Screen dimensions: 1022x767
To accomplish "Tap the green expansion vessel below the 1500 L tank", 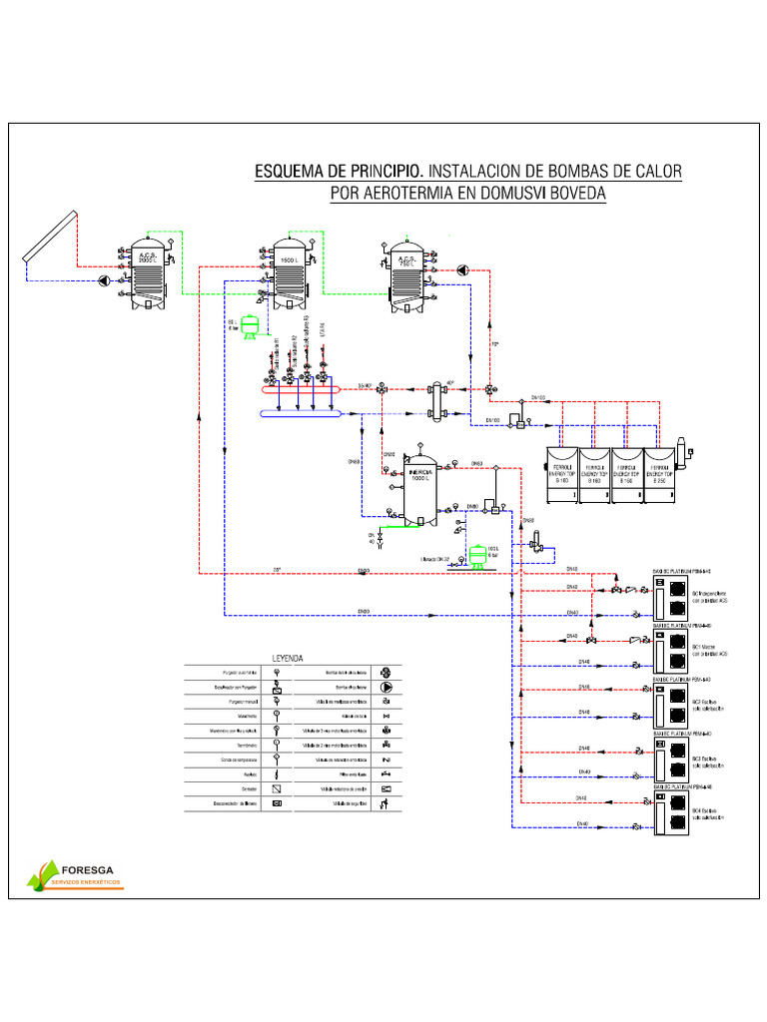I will pyautogui.click(x=250, y=325).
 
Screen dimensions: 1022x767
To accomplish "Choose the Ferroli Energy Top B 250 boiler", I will pyautogui.click(x=657, y=469).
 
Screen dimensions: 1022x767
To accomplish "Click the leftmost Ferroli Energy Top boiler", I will pyautogui.click(x=562, y=469).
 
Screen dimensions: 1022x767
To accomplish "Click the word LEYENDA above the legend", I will pyautogui.click(x=289, y=659).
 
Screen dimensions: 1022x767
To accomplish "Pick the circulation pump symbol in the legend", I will pyautogui.click(x=386, y=687).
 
